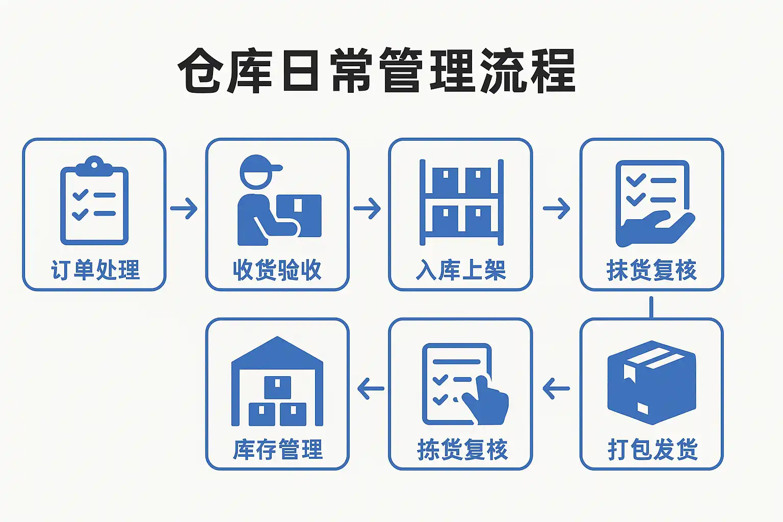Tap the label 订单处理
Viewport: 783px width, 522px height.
[x=95, y=270]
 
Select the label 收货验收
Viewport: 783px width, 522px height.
[x=277, y=270]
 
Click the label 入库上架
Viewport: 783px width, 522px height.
[x=461, y=270]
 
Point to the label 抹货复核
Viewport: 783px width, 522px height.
[x=651, y=270]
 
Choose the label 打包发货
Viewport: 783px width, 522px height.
[x=652, y=449]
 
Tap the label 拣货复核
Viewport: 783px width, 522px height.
[x=462, y=449]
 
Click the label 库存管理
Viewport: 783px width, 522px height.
[x=278, y=449]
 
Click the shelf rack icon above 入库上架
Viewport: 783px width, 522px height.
[x=461, y=202]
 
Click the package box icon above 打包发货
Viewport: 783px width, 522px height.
[x=652, y=382]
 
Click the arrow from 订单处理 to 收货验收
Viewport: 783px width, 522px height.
[x=184, y=208]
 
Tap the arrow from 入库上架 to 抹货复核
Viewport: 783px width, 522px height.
[x=557, y=208]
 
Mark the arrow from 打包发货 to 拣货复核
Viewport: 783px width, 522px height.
[x=556, y=388]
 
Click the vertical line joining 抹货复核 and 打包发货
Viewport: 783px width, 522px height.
[x=651, y=307]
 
